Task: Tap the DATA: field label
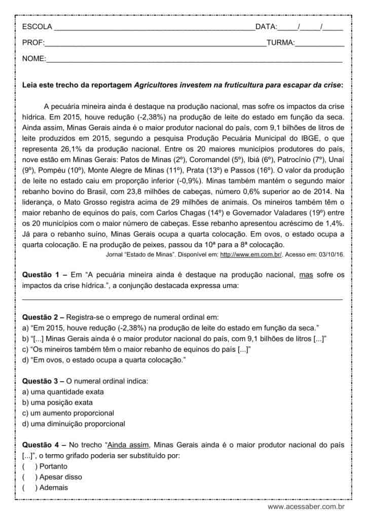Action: click(266, 27)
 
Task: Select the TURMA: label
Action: click(280, 43)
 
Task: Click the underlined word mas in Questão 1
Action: click(307, 275)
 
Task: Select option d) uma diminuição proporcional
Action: click(74, 424)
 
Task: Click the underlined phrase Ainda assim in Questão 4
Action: click(128, 445)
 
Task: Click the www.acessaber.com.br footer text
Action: click(306, 506)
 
